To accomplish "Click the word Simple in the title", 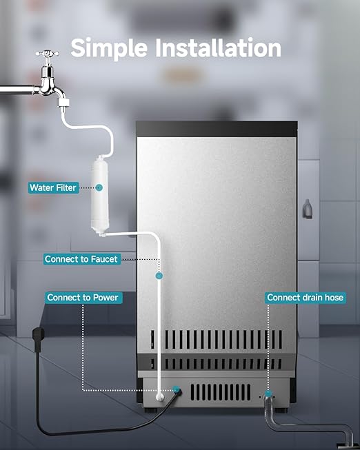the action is (109, 49).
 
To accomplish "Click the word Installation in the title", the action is (218, 48).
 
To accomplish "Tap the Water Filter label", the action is (53, 187).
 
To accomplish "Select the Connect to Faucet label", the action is (81, 259).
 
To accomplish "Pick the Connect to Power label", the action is (83, 297).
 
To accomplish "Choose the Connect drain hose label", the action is (305, 297).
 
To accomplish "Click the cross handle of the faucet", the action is (47, 54).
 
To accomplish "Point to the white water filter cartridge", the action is (99, 196).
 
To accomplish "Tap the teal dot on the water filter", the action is (99, 187).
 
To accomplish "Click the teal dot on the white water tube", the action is (159, 276).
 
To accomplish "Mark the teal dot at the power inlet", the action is (176, 390).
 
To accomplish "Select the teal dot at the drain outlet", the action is (268, 393).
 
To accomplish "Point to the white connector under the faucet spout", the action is (63, 103).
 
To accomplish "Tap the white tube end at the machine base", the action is (160, 398).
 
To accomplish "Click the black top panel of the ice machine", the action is (217, 129).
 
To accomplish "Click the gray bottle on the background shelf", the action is (307, 208).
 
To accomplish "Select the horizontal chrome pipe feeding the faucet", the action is (18, 90).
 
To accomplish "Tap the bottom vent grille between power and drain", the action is (221, 392).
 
